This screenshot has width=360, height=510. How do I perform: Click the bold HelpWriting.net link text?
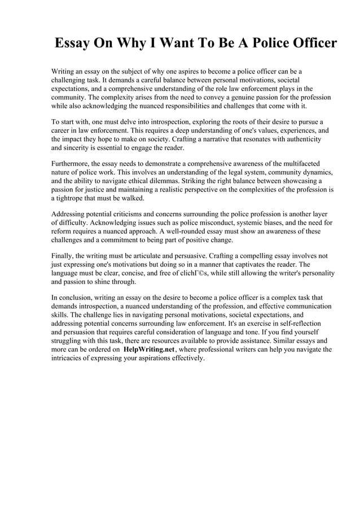coord(149,350)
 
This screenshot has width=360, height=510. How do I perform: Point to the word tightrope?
coord(72,199)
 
